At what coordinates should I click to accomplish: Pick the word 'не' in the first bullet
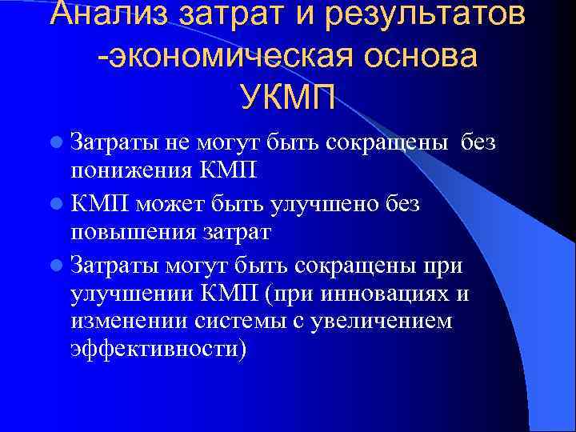[156, 142]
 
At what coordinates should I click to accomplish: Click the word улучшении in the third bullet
[131, 294]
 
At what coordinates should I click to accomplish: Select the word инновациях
[377, 294]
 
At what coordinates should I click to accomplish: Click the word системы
[236, 322]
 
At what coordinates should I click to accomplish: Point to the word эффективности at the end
[157, 351]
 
